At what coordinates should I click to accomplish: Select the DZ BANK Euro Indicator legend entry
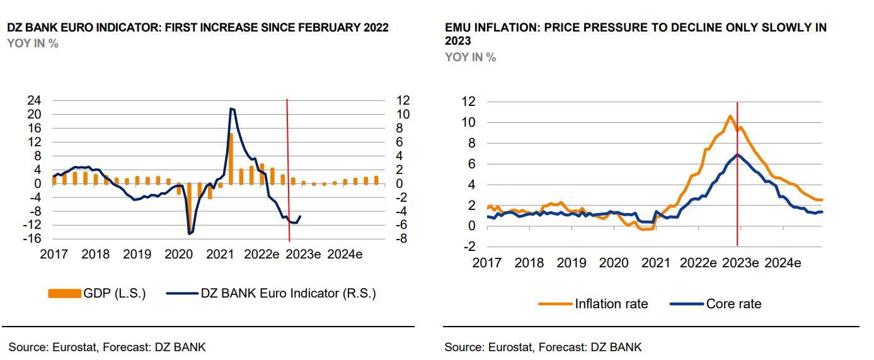(271, 293)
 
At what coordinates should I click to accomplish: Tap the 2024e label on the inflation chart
(783, 263)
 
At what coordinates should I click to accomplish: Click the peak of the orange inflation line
(730, 116)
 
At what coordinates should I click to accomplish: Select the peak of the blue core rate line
(737, 154)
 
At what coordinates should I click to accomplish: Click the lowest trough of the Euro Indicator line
(189, 234)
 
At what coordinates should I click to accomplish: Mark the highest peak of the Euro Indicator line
(232, 109)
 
